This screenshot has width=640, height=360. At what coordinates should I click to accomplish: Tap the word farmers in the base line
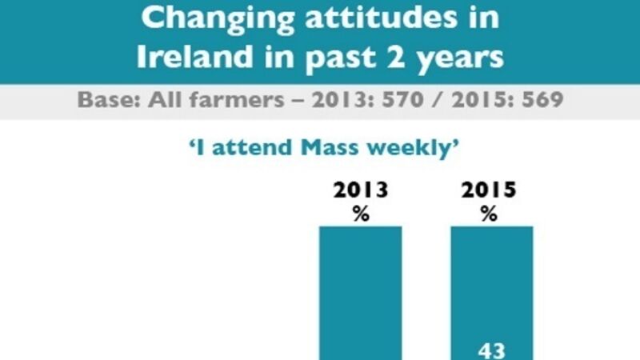(206, 102)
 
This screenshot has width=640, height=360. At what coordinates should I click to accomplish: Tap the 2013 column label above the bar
(361, 191)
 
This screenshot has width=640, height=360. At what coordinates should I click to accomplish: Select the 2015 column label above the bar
(490, 191)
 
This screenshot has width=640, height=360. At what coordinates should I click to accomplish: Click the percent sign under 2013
(361, 214)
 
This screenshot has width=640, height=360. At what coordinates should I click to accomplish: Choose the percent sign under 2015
(490, 214)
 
